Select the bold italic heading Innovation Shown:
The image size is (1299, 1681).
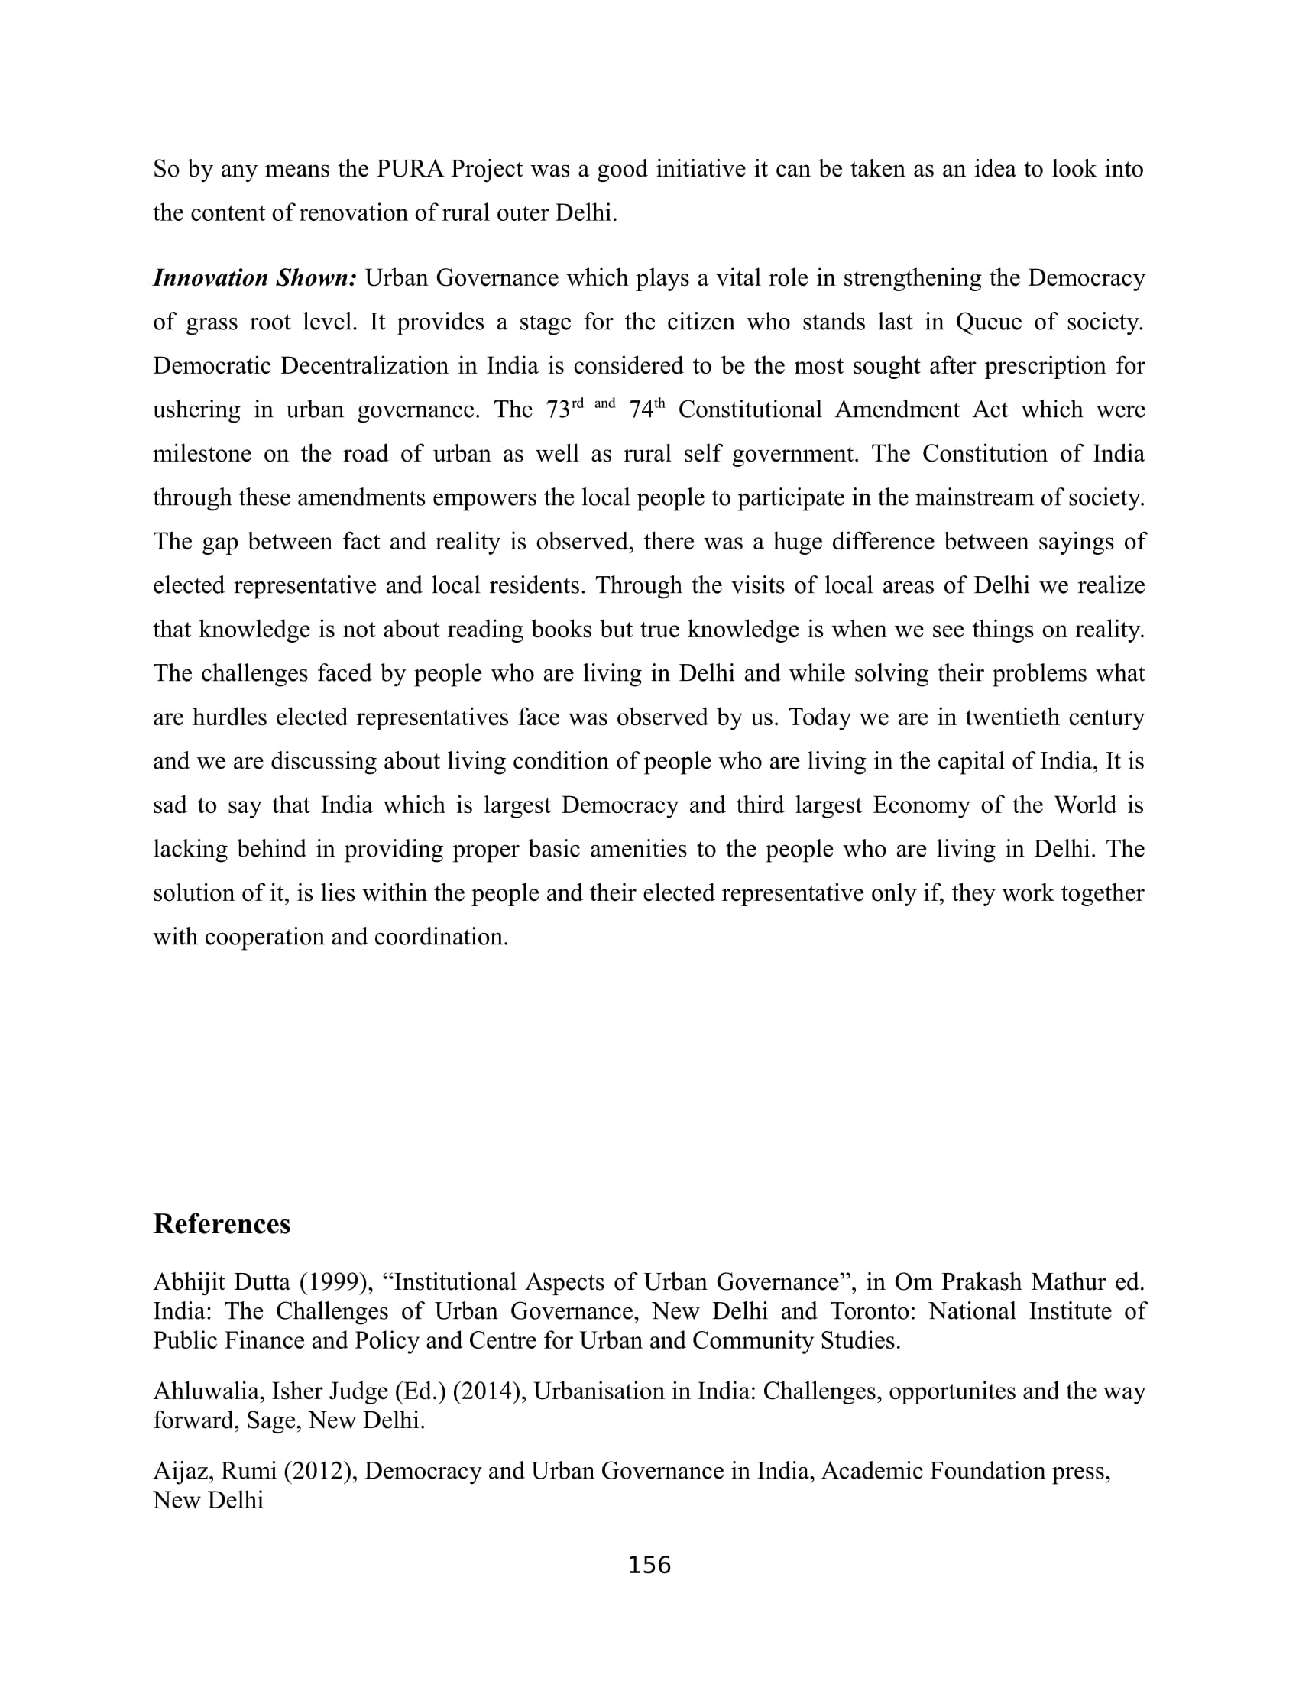254,278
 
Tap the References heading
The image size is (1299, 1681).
222,1224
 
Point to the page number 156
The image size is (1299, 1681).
649,1565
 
